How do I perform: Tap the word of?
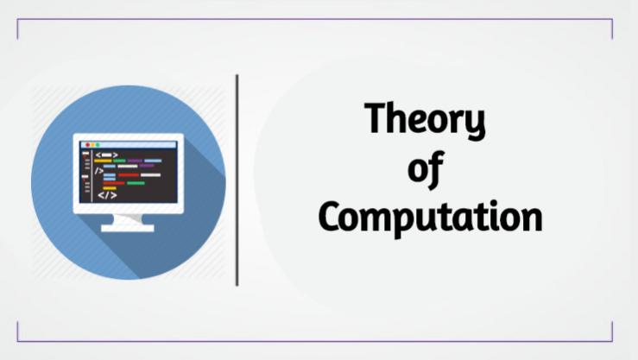[425, 170]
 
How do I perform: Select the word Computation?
[430, 218]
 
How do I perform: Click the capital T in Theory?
[375, 119]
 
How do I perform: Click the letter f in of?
[434, 168]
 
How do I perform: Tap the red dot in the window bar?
[85, 144]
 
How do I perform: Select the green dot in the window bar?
[98, 144]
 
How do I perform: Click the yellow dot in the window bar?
[91, 144]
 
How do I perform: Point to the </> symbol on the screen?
[106, 195]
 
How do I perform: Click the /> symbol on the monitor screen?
[99, 171]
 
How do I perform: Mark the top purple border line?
[314, 19]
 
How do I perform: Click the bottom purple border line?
[314, 341]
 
